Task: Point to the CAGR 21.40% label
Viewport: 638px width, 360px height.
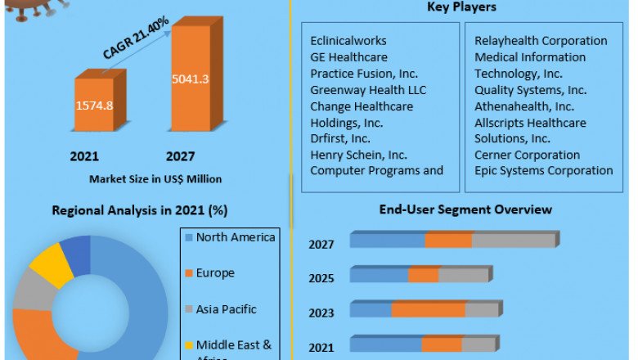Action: click(136, 38)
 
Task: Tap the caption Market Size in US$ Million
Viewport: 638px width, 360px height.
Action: click(156, 178)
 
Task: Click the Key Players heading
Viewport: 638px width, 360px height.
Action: click(461, 7)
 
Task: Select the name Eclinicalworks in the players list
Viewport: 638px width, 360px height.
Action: click(348, 40)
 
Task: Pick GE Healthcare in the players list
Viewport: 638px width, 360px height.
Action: click(348, 56)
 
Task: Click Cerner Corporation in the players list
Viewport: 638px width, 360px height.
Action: click(528, 155)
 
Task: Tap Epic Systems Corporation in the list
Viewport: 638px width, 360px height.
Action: click(544, 170)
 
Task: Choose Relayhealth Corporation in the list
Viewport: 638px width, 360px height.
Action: click(541, 40)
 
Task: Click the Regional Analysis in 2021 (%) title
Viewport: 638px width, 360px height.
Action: click(139, 209)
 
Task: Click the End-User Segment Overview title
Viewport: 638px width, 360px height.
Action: click(465, 209)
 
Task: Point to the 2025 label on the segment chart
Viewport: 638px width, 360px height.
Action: click(321, 278)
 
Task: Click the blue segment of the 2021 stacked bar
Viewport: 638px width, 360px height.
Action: click(385, 344)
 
